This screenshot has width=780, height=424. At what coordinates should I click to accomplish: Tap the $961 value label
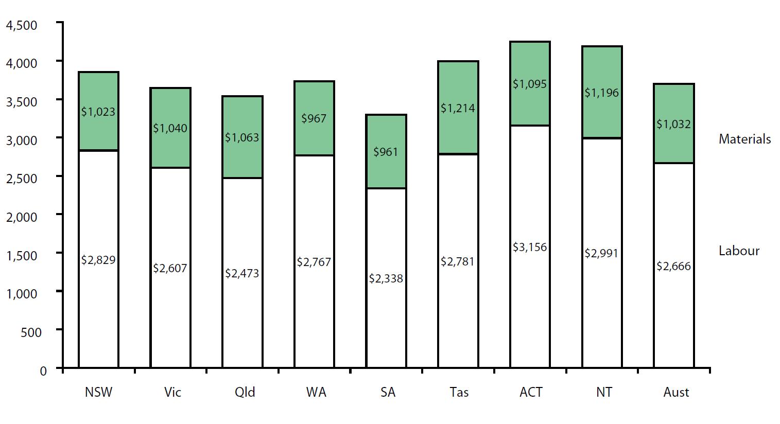point(386,152)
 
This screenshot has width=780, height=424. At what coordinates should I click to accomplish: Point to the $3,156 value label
point(530,247)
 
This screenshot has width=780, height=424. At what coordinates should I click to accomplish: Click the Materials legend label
point(744,139)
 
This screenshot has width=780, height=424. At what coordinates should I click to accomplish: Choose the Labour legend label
point(739,251)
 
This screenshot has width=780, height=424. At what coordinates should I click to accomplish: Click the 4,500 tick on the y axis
point(21,25)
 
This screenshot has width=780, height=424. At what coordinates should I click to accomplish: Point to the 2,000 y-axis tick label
point(21,217)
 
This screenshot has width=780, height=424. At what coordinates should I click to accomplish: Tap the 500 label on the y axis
point(31,332)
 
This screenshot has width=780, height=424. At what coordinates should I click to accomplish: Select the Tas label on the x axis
point(459,392)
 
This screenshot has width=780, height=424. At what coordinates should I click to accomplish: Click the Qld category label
point(245,392)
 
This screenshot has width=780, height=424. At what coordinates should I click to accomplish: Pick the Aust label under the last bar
point(676,392)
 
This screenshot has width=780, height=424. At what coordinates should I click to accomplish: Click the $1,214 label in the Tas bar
point(458,108)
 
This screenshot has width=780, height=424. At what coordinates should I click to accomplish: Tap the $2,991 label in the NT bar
point(601,253)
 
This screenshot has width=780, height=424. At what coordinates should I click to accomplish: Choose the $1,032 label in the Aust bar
point(673,124)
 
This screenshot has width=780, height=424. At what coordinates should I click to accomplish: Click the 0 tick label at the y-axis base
point(43,370)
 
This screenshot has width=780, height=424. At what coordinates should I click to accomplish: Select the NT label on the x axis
point(604,392)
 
